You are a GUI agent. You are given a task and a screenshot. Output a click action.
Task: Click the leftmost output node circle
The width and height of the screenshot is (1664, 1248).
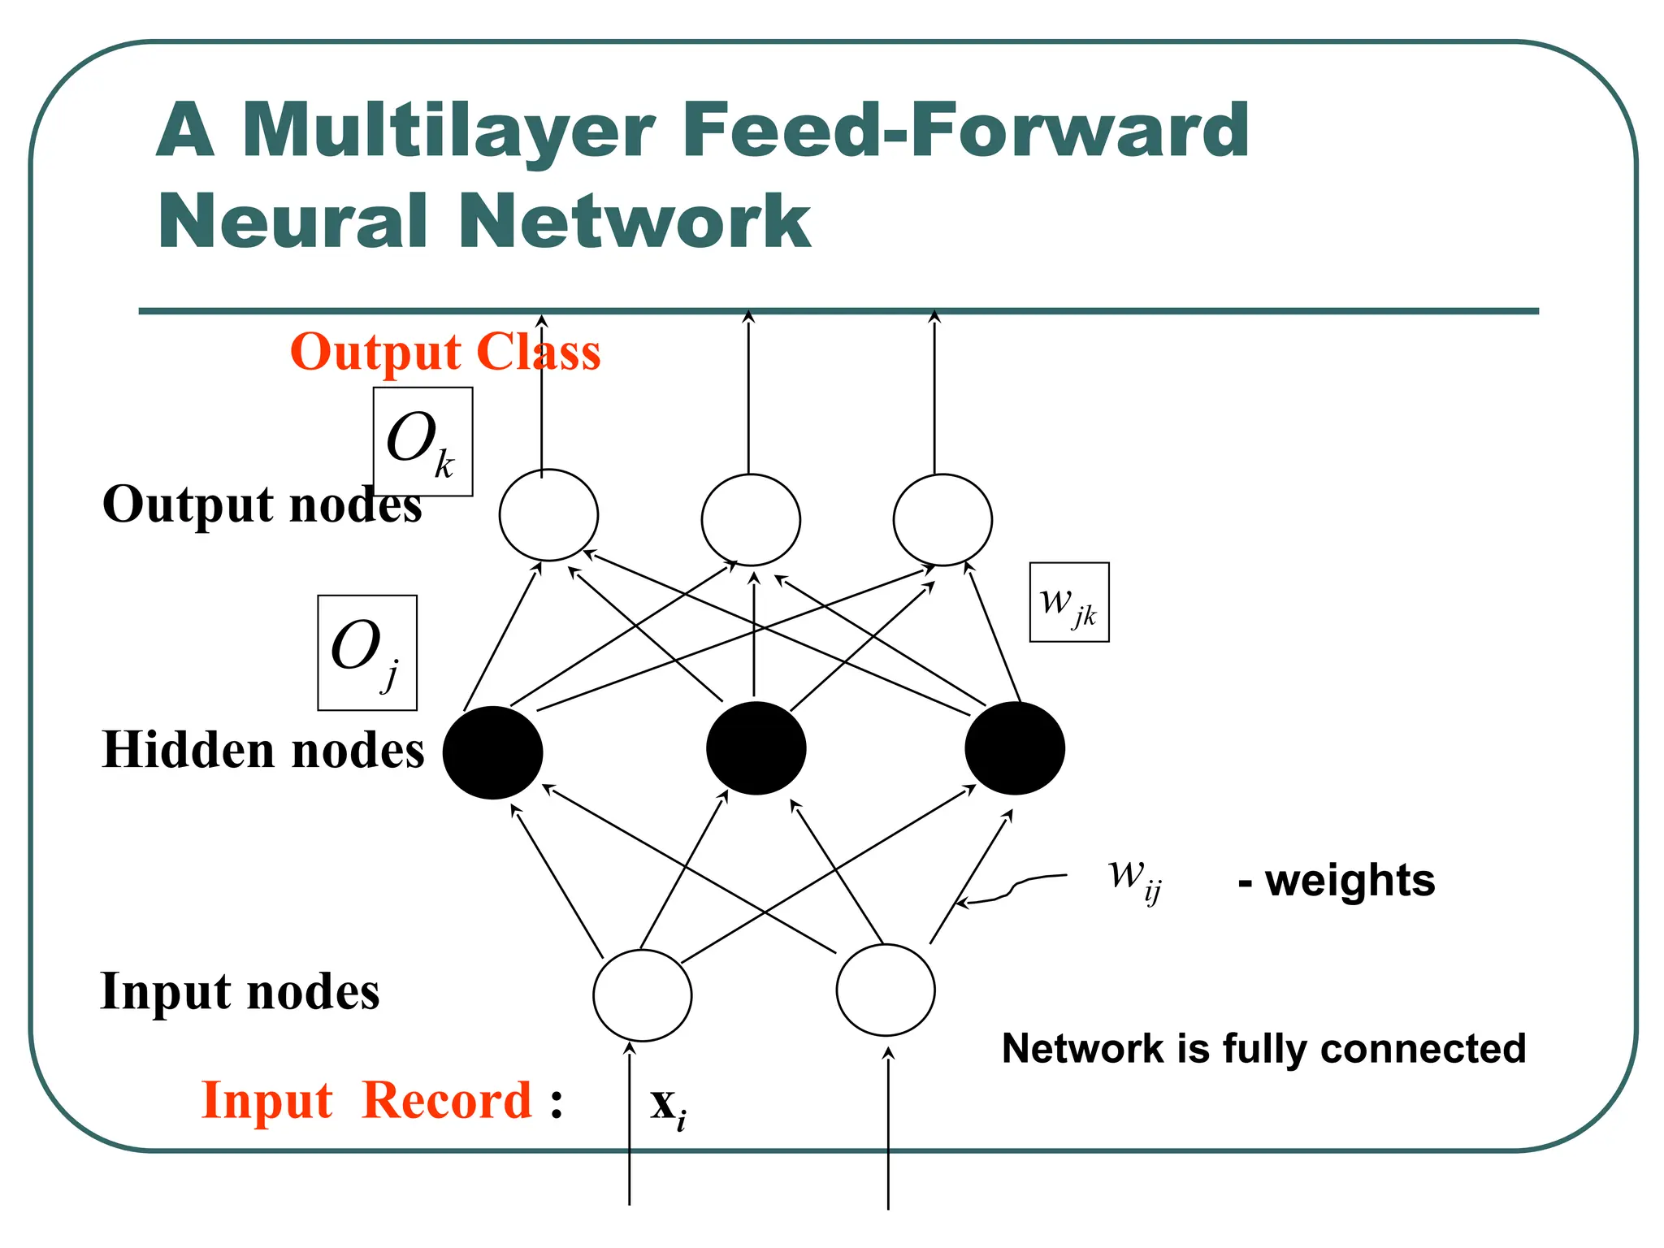coord(548,515)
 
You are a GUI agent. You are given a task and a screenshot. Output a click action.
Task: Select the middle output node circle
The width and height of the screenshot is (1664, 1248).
coord(751,520)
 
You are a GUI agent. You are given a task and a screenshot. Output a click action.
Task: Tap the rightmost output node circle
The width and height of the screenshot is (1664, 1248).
coord(942,520)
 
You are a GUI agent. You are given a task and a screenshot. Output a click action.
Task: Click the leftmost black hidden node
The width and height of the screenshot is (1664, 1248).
coord(492,752)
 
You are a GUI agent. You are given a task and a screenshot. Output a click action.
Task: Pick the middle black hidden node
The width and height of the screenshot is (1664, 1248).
coord(756,748)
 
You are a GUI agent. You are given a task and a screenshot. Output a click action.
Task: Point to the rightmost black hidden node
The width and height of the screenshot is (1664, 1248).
coord(1015,748)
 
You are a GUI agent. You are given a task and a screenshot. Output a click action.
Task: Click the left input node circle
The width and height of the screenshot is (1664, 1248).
coord(642,995)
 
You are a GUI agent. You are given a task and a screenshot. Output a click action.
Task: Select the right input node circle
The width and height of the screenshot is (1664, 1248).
coord(886,990)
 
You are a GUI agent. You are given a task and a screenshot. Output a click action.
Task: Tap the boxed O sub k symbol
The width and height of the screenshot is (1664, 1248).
coord(422,442)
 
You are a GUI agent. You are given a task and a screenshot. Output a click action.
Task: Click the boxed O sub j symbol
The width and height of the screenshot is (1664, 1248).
coord(367,652)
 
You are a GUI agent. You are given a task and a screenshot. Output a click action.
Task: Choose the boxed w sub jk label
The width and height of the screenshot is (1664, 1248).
coord(1069,602)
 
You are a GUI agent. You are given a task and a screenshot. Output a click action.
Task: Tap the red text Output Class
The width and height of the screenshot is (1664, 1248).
coord(445,353)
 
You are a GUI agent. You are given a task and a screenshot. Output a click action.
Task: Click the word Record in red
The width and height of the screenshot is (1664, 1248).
coord(447,1101)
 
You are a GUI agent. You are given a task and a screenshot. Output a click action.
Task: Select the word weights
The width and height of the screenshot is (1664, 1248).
coord(1350,881)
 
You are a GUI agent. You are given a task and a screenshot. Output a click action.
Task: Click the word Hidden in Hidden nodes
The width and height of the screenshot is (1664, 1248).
coord(188,750)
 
